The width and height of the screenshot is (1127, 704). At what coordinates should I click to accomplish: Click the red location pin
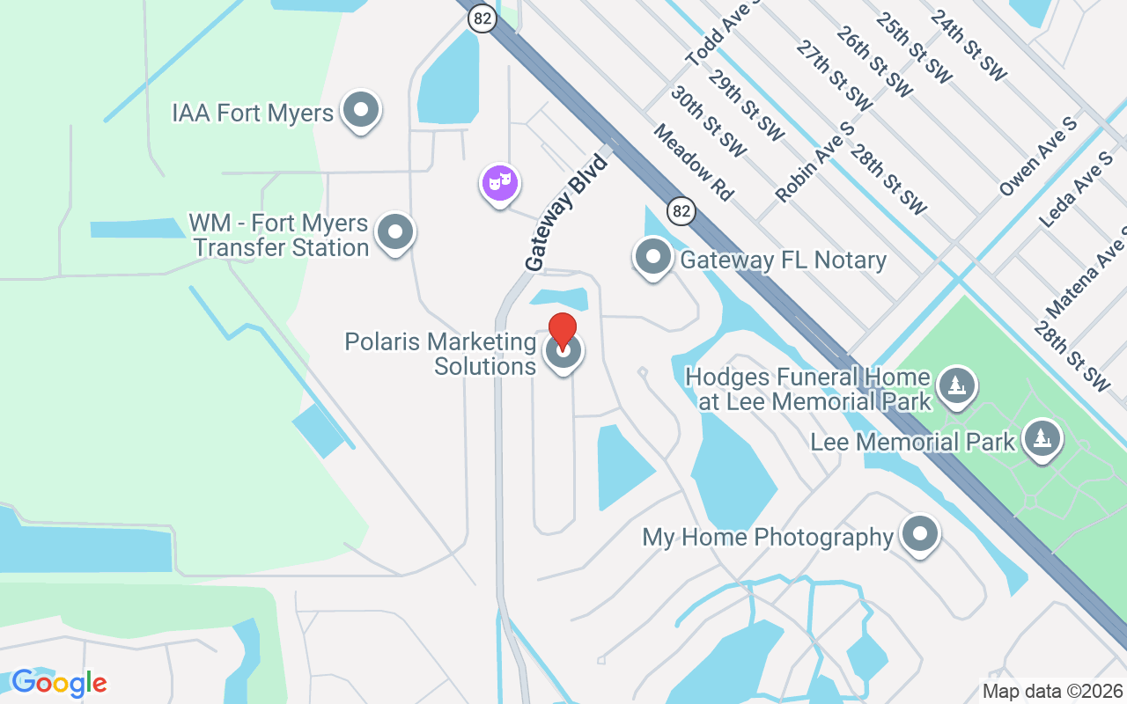click(563, 332)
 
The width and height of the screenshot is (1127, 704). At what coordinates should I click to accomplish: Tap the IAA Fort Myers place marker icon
click(360, 111)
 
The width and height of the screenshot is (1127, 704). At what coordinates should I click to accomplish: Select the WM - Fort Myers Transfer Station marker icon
click(395, 233)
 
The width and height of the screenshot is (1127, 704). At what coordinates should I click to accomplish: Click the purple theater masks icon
click(500, 183)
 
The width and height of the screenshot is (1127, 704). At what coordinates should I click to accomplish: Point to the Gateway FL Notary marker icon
click(653, 258)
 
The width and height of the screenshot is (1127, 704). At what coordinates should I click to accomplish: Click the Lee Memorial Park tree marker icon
click(1042, 439)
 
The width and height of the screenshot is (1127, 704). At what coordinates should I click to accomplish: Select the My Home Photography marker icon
click(921, 534)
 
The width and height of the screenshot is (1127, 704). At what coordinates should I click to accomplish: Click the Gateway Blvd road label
click(567, 213)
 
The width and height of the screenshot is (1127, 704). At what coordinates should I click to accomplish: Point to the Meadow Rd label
click(694, 162)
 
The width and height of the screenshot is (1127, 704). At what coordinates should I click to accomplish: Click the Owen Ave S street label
click(1038, 157)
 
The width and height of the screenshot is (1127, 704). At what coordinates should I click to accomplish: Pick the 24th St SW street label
click(968, 45)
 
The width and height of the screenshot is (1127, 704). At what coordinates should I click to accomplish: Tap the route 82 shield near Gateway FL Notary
click(681, 211)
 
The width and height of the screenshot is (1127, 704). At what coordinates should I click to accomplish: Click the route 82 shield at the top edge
click(482, 18)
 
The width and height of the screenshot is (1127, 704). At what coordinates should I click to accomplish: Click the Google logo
click(59, 683)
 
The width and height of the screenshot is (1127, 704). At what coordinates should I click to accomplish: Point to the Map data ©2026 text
click(1052, 692)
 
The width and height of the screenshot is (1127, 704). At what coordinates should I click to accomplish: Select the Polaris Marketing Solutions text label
click(441, 353)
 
